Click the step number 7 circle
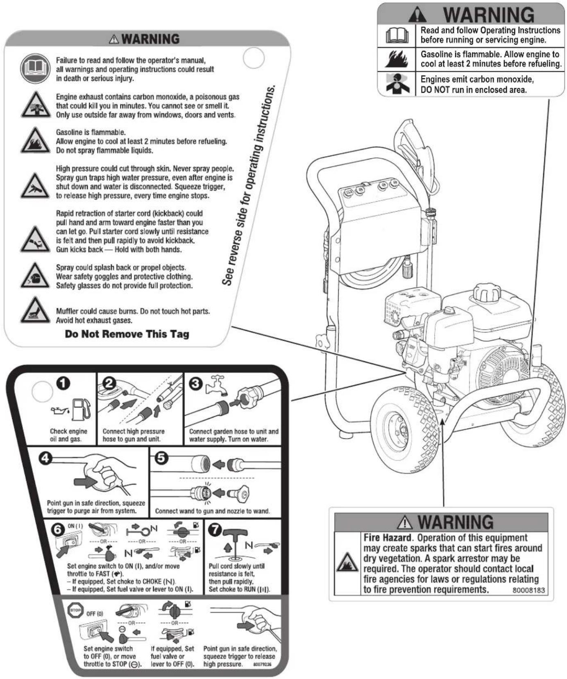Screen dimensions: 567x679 215,529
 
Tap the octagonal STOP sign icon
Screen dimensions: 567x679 75,610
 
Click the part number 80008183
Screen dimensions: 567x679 528,590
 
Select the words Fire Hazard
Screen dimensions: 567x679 387,538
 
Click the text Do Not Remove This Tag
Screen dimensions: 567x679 127,334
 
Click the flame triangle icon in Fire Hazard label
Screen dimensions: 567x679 347,563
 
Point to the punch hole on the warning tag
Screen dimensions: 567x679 254,58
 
